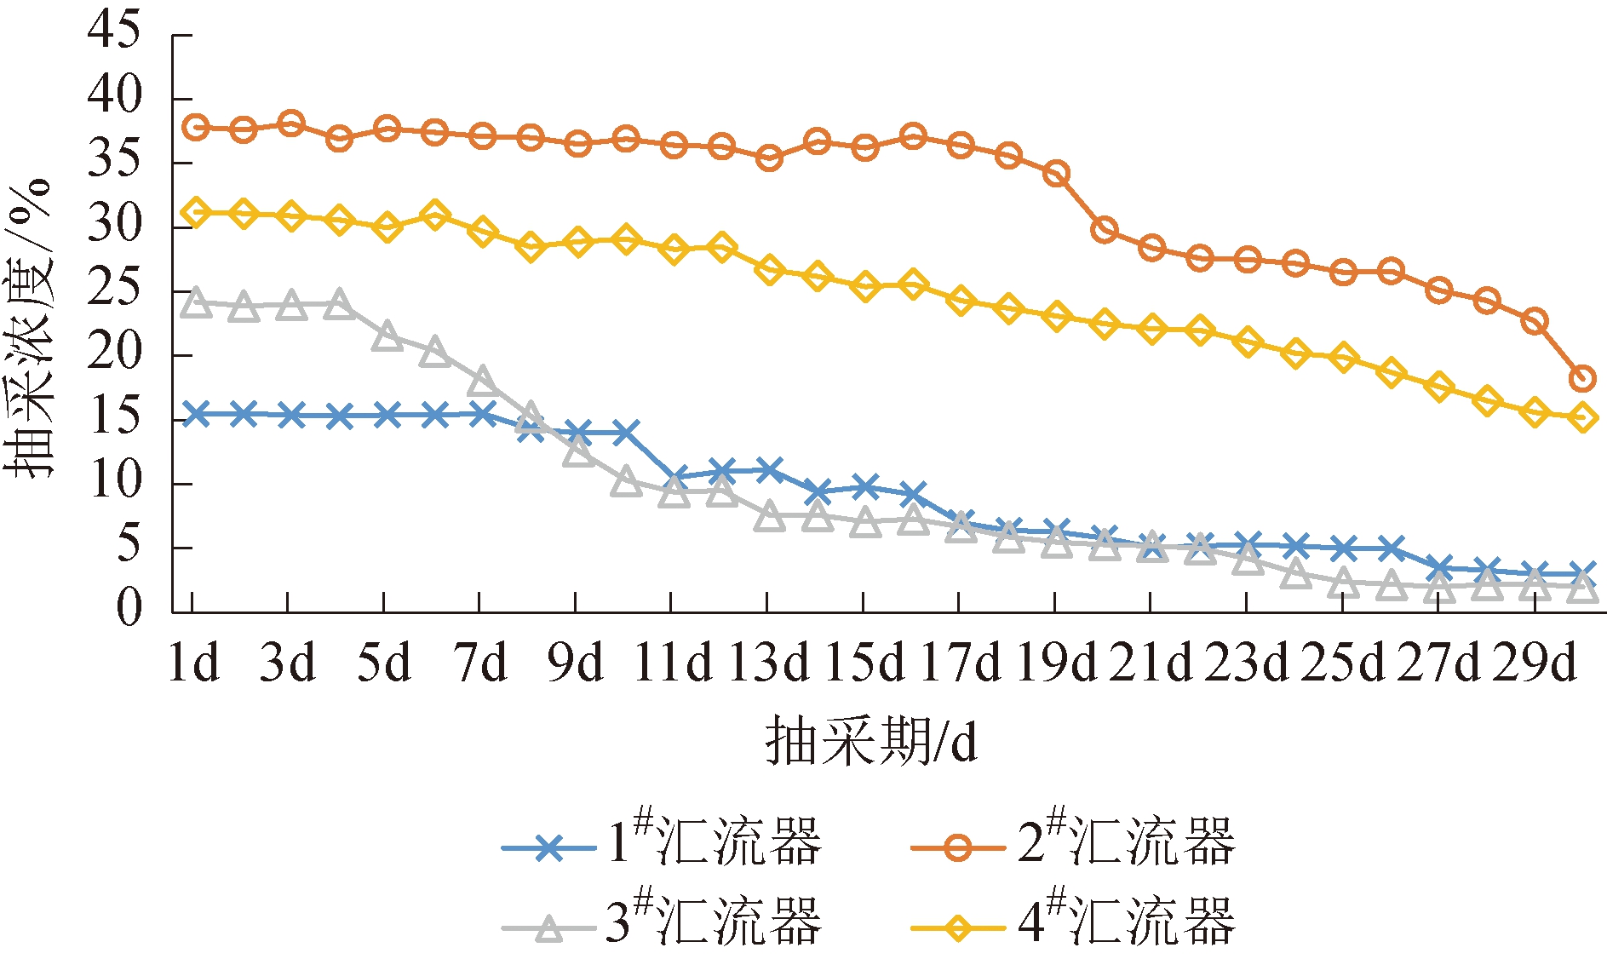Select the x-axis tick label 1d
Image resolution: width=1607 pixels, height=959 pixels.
(193, 662)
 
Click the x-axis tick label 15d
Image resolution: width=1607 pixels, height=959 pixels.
(864, 662)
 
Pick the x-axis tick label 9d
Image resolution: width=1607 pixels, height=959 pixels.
(576, 662)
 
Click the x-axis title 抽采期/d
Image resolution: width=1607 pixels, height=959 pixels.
(870, 741)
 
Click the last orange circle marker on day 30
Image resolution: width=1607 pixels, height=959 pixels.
(1582, 378)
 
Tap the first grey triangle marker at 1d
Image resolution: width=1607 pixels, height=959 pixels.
(196, 303)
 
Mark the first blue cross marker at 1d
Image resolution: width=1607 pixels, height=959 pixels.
(196, 414)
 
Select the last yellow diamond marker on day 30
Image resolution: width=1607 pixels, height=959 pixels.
(1582, 417)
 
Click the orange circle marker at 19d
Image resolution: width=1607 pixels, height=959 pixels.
(1056, 174)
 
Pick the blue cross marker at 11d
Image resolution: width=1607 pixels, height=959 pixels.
(674, 477)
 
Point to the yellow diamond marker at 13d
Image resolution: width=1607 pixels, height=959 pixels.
(770, 270)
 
